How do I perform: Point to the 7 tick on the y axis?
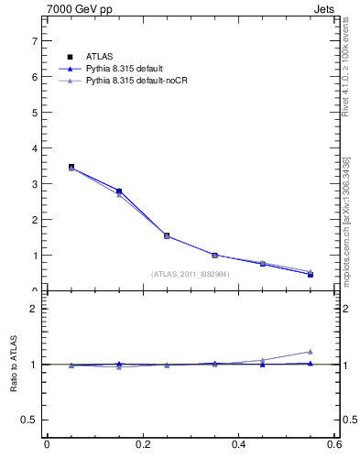(x=36, y=41)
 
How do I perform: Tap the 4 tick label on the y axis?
(x=36, y=148)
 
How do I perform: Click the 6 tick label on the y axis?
(x=36, y=77)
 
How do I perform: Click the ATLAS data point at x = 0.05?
(x=71, y=168)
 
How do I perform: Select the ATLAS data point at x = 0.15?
(x=119, y=191)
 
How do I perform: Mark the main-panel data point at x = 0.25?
(x=167, y=235)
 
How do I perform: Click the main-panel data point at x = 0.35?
(x=215, y=256)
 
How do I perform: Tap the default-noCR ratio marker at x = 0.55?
(x=311, y=352)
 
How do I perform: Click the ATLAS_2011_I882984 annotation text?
(x=191, y=274)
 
